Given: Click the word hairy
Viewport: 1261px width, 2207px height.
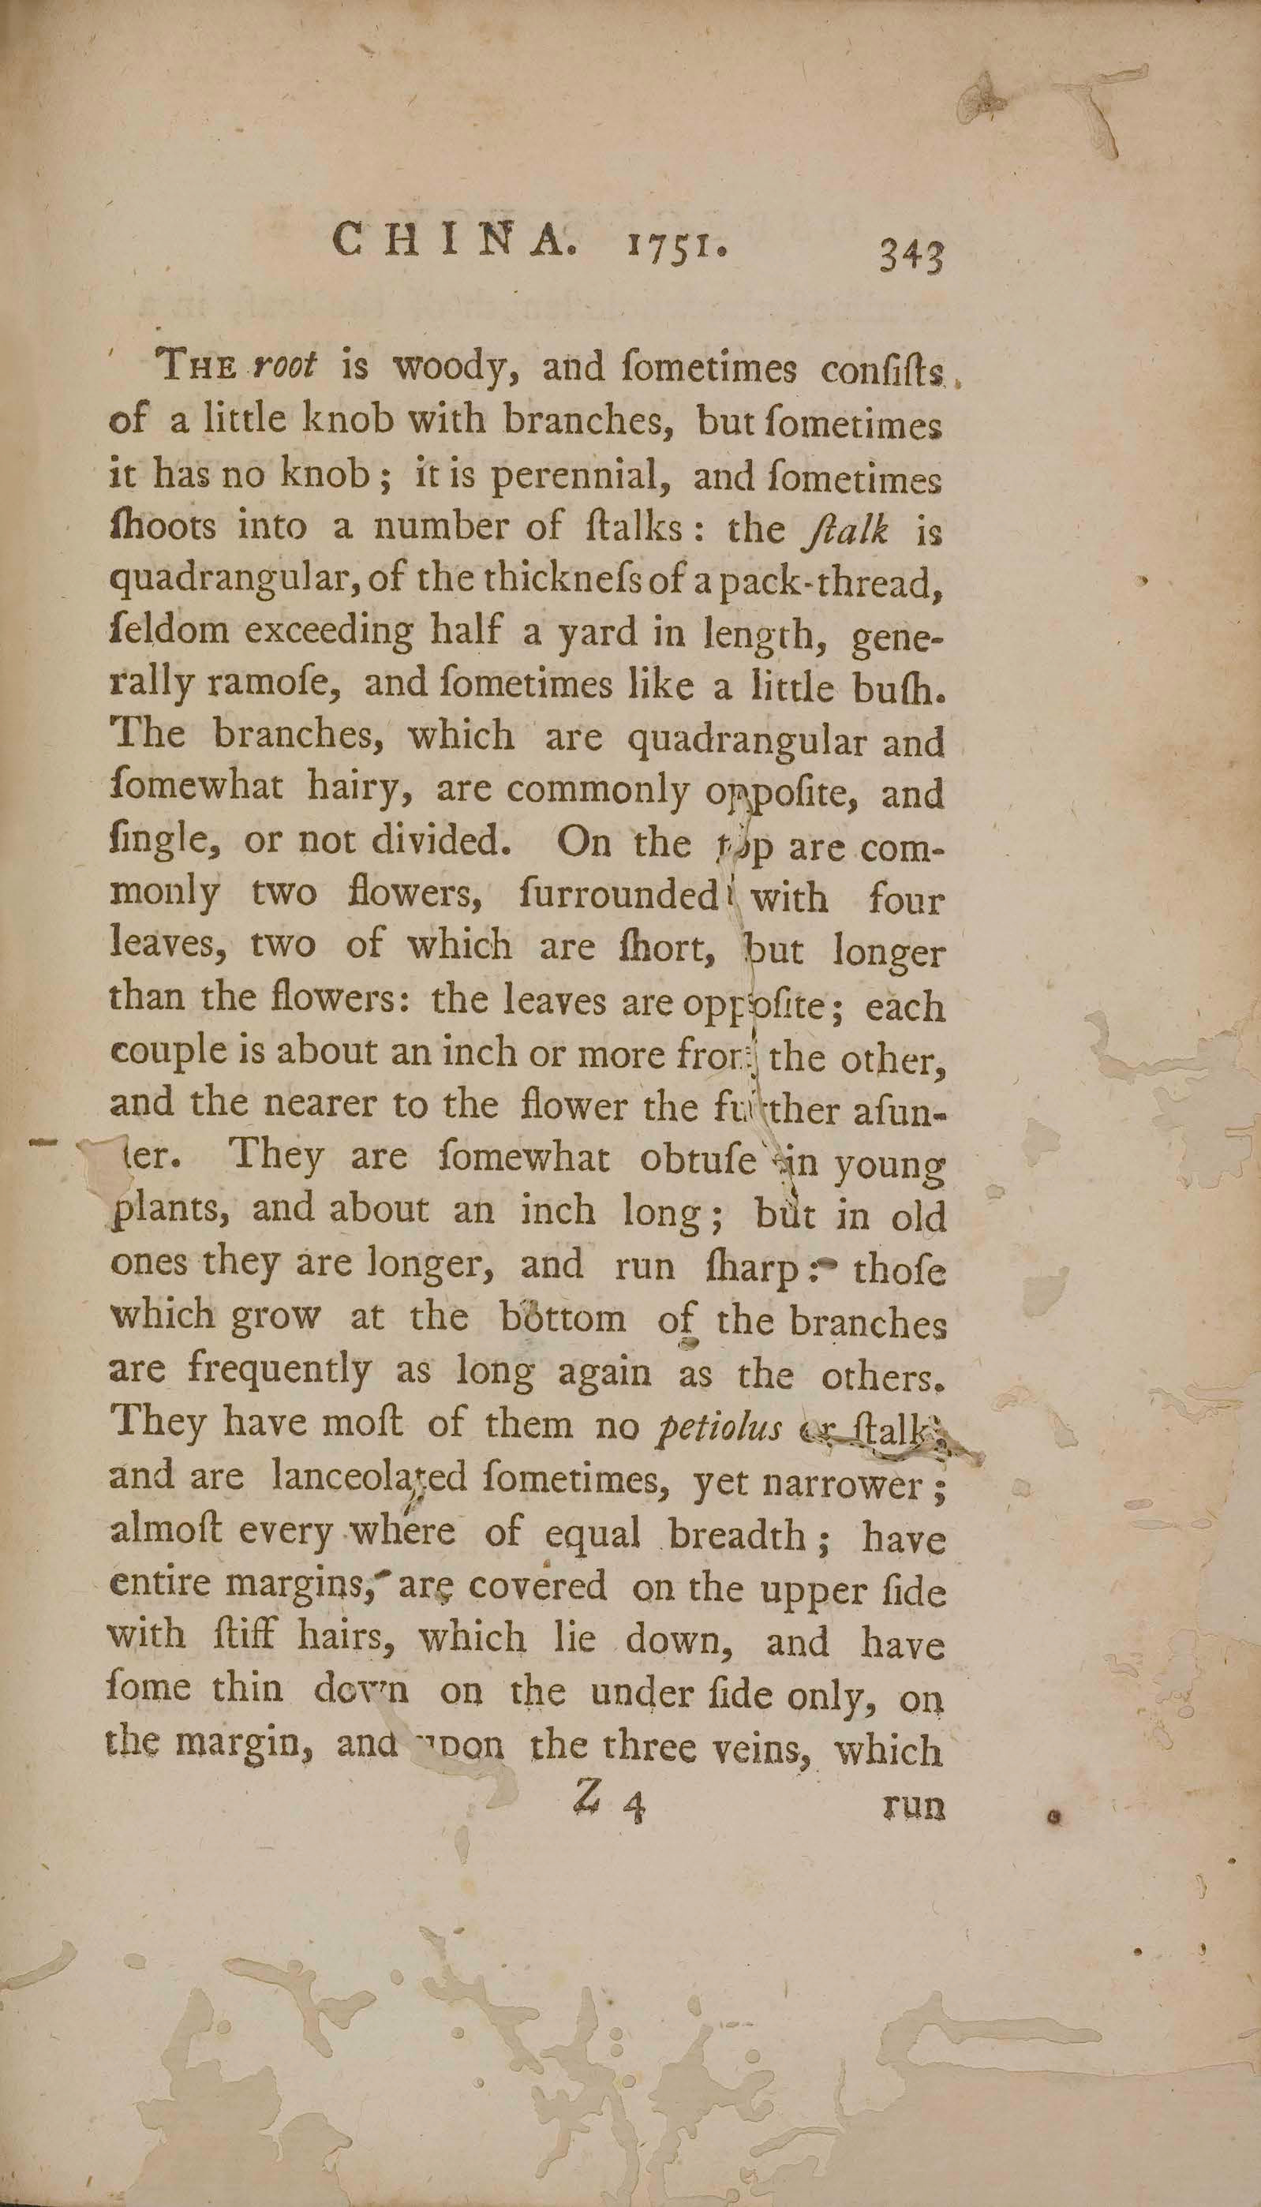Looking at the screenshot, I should click(x=357, y=789).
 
